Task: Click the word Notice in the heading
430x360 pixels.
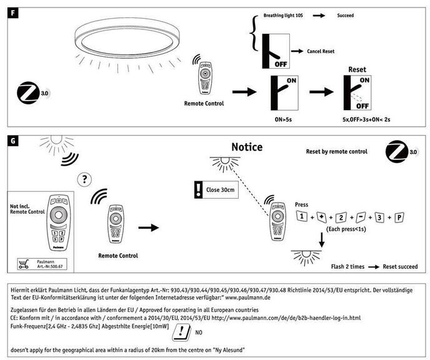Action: click(247, 147)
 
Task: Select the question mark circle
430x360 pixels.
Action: click(84, 180)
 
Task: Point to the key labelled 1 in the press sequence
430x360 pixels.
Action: click(301, 217)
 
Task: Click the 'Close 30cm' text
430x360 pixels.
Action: click(220, 189)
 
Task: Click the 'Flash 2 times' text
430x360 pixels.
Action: click(348, 266)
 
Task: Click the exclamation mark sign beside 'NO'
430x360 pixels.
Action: click(180, 332)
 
